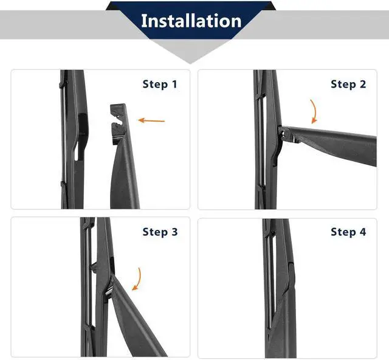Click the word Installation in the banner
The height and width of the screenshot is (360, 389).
(x=191, y=21)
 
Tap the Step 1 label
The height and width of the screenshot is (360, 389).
(x=160, y=84)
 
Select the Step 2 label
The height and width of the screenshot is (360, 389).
(x=348, y=84)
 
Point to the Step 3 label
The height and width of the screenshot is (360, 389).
(x=160, y=232)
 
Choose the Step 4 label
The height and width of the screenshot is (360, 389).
(x=348, y=232)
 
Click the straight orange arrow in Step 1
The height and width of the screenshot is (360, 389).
(x=151, y=120)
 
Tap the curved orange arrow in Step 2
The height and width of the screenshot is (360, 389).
(x=315, y=111)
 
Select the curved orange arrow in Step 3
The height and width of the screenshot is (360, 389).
(x=138, y=279)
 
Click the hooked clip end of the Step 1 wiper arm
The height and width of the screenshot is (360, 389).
(x=118, y=124)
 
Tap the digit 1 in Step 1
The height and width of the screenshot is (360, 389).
(x=174, y=84)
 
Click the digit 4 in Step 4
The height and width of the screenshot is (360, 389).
(x=363, y=232)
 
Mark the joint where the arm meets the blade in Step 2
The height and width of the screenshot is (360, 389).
(x=283, y=134)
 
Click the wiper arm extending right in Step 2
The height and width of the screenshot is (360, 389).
(x=330, y=144)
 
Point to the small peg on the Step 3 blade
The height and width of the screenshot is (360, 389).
(x=94, y=268)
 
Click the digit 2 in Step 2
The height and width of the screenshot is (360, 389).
(x=363, y=84)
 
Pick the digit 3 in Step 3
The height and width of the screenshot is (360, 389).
(x=174, y=232)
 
